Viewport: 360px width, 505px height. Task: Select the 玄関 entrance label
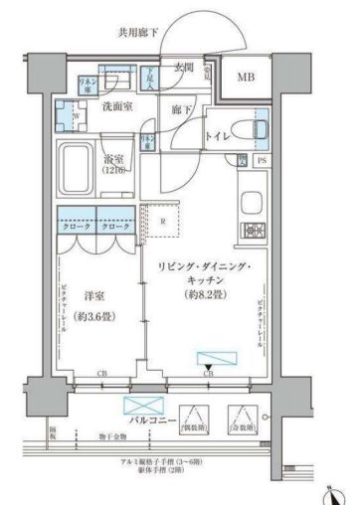[x=182, y=69]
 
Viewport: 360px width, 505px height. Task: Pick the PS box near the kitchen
[x=262, y=160]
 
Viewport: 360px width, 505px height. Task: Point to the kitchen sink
[x=250, y=199]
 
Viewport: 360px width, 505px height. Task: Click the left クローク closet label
[x=76, y=227]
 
